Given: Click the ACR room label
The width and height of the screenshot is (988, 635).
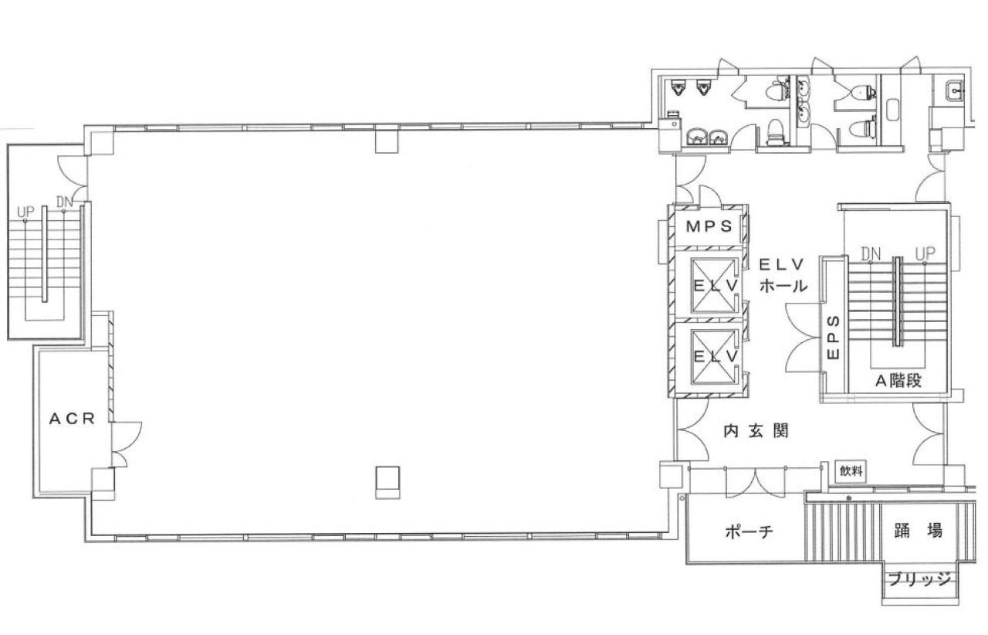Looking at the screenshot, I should coord(72,419).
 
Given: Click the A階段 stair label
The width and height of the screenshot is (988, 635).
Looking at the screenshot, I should coord(898,380).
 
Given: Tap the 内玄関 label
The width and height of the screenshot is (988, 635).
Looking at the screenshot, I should coord(756,432).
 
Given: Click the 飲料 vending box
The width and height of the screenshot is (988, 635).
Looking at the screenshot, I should coord(851,471).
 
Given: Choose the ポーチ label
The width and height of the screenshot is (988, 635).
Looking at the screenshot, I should coord(749,531).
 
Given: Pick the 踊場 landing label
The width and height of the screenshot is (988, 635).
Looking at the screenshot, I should coord(918,531).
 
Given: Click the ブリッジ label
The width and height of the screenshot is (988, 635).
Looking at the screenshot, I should coord(919,580).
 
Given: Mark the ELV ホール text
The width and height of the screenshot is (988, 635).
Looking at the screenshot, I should coord(783,274).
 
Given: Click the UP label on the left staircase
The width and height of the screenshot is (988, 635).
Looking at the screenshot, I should coord(25,211).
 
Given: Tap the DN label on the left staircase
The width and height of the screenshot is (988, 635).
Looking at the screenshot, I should coord(65,203).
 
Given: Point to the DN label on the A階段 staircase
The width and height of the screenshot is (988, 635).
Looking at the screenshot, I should coord(871,253).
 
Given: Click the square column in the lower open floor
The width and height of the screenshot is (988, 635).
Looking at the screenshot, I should coord(387,482).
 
